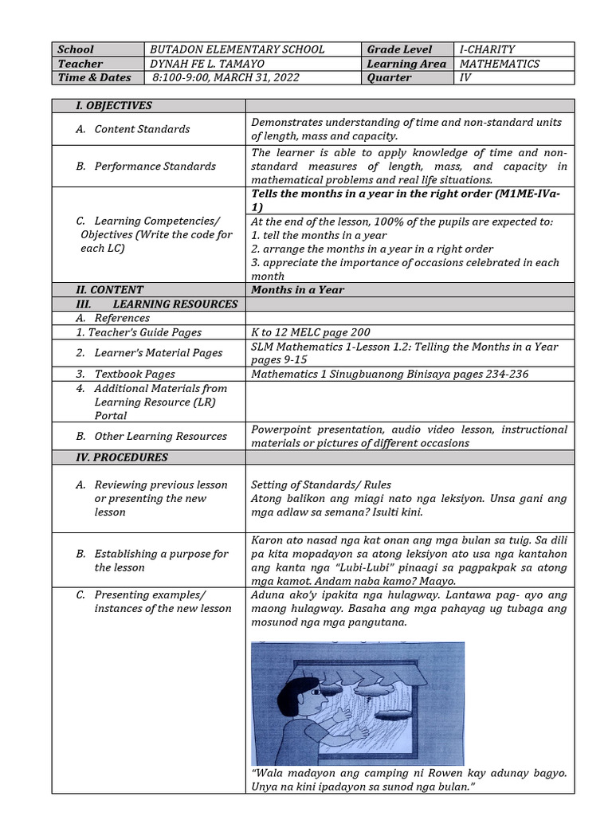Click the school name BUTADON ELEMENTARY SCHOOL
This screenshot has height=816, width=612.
point(237,49)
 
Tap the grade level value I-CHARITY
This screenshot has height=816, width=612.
point(487,49)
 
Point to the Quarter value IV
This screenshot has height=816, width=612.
point(465,78)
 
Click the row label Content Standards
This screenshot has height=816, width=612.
point(142,129)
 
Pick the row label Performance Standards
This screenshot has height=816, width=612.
point(155,167)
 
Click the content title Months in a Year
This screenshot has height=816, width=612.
point(297,290)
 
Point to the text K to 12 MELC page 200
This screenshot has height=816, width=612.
point(311,332)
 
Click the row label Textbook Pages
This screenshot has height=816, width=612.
point(135,374)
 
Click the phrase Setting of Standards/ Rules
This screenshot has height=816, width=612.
point(320,484)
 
